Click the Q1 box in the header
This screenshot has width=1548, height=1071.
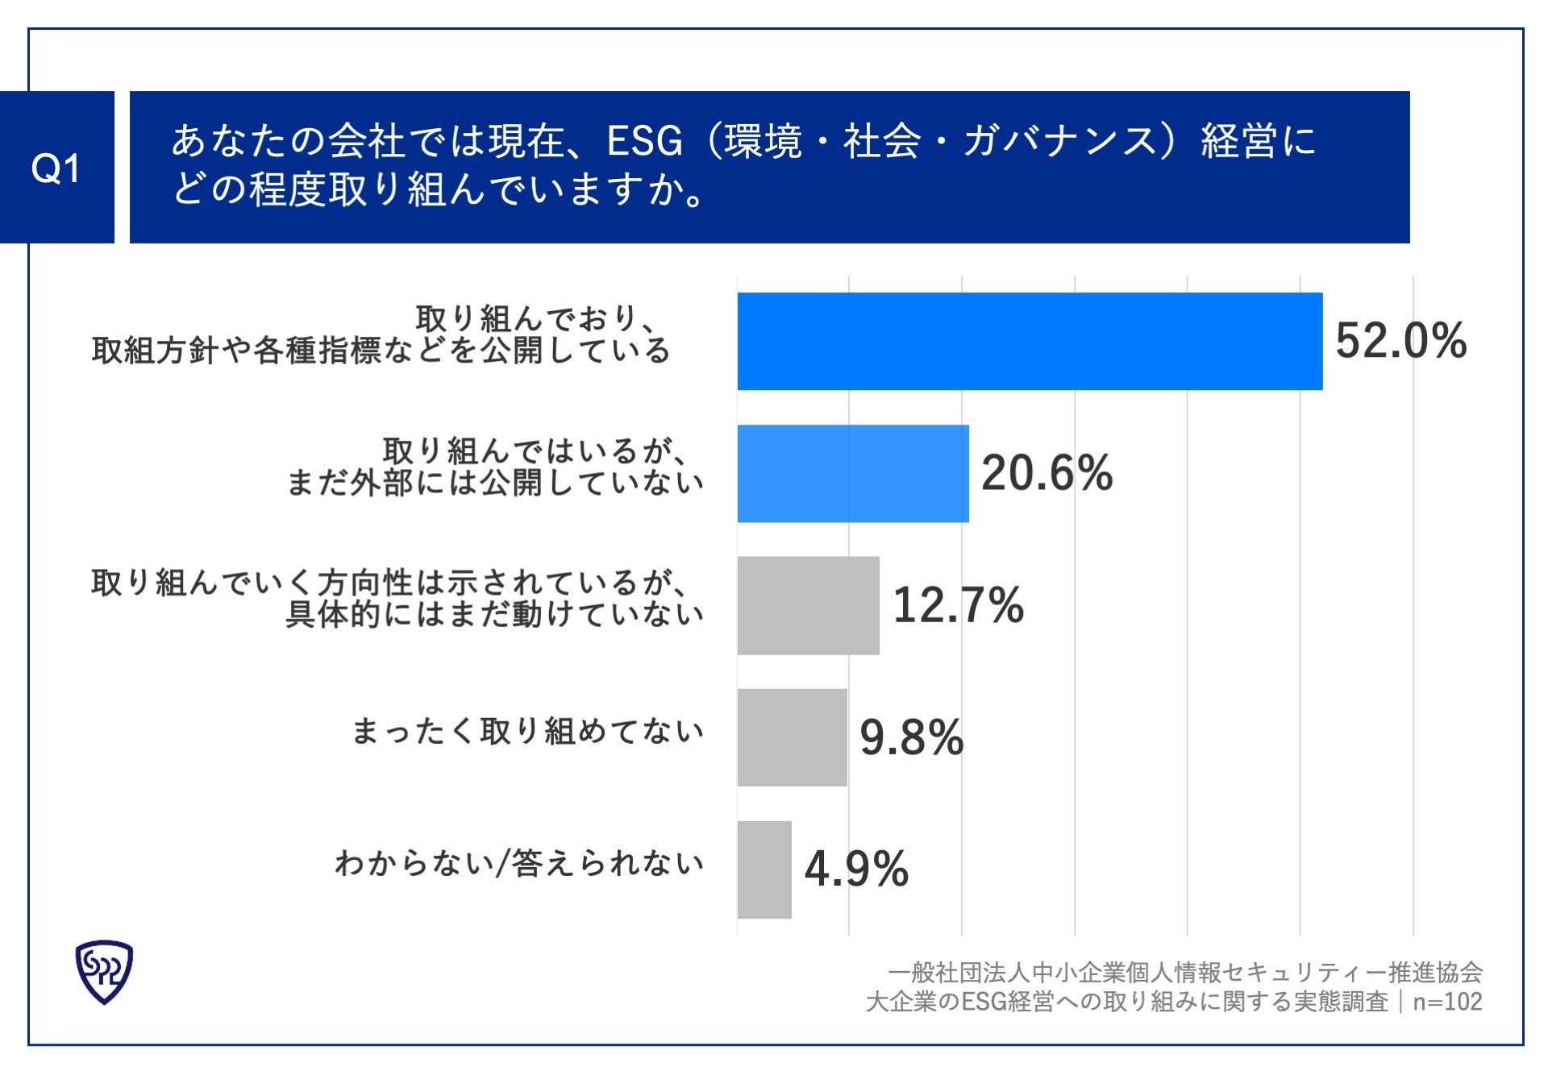(x=56, y=168)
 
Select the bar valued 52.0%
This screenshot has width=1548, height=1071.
(x=1030, y=341)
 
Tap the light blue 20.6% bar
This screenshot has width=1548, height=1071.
(x=852, y=473)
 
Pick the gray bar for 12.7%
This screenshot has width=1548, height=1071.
(x=808, y=605)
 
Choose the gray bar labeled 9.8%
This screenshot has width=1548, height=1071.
(x=792, y=737)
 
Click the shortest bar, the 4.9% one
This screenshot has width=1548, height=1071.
(x=764, y=870)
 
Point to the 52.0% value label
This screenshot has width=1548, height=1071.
(x=1400, y=341)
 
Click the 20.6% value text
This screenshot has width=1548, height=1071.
(x=1047, y=473)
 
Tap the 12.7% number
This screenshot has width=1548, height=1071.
(x=958, y=605)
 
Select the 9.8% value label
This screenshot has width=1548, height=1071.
(x=911, y=737)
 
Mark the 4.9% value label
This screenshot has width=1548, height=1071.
(x=856, y=870)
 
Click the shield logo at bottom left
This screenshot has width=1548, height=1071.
(x=104, y=972)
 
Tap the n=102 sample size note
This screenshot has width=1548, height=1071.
(x=1447, y=1002)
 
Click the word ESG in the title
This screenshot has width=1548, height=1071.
(x=643, y=142)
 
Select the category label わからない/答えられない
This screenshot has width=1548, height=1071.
(x=519, y=864)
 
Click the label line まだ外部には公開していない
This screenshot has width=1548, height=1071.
(x=495, y=484)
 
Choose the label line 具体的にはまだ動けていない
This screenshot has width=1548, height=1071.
(x=495, y=615)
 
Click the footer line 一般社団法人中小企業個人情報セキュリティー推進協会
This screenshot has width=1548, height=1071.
(x=1184, y=973)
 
